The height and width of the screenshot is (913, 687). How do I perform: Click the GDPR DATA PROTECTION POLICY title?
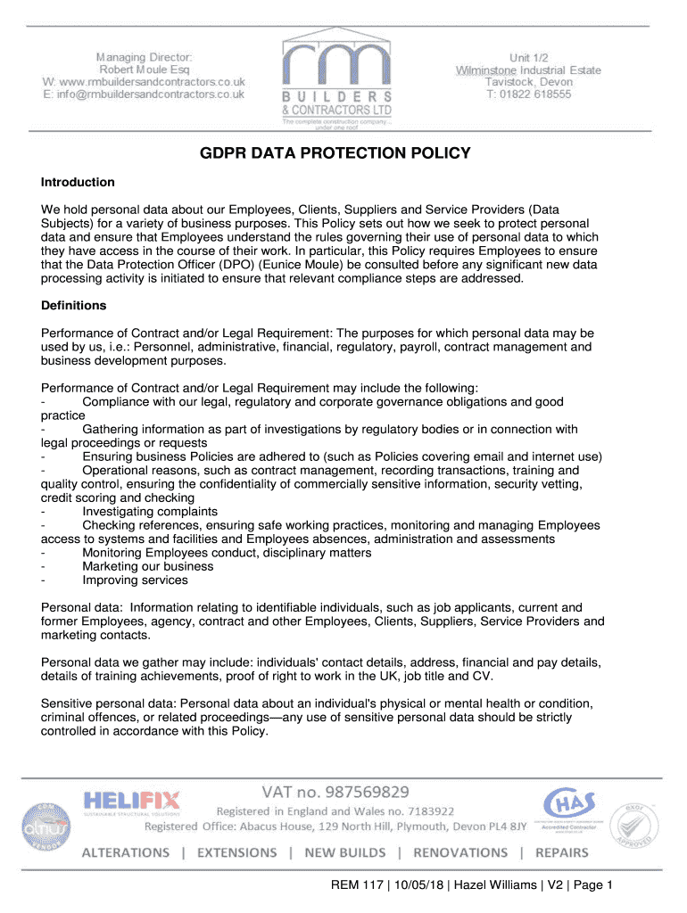(335, 153)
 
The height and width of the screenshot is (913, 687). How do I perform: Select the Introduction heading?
(78, 182)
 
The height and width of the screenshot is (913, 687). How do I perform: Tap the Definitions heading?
(73, 306)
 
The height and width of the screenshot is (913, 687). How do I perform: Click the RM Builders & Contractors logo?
(336, 80)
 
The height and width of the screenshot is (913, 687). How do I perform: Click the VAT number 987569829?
(335, 792)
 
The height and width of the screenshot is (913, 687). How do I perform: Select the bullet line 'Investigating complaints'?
(149, 512)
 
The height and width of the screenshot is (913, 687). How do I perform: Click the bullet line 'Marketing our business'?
(147, 566)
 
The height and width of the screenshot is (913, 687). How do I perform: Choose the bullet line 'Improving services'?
(135, 580)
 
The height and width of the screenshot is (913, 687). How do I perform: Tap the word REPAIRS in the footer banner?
(562, 852)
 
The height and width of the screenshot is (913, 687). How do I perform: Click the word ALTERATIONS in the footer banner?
(126, 852)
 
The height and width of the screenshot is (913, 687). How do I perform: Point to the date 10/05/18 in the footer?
(405, 885)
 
